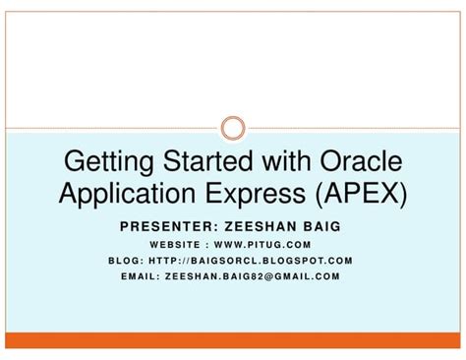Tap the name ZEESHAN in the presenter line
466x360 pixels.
[262, 226]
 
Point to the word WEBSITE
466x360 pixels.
[171, 244]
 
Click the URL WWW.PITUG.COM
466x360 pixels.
[262, 244]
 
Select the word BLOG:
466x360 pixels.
[126, 261]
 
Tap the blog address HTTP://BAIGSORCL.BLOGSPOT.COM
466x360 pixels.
[250, 261]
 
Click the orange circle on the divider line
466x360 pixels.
[233, 127]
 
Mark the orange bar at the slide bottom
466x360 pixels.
[233, 340]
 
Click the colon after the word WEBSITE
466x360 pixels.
[204, 244]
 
